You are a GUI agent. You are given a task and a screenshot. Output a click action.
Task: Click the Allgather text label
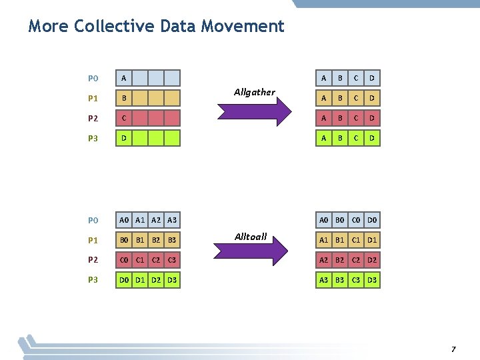point(254,92)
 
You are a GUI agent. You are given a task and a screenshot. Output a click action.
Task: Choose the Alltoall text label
point(251,237)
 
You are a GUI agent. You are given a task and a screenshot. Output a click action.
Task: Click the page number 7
point(453,349)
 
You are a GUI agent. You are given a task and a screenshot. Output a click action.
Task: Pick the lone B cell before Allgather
point(123,99)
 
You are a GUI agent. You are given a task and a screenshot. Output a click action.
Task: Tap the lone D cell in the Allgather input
point(123,139)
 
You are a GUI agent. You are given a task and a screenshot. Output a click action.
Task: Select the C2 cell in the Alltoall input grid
point(156,260)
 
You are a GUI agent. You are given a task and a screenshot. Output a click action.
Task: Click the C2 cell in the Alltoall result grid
point(356,260)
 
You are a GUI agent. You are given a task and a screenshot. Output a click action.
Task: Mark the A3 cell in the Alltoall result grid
point(324,280)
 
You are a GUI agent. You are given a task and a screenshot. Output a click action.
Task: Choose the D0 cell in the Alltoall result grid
point(372,220)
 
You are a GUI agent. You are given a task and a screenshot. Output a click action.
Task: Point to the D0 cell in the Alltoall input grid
point(124,280)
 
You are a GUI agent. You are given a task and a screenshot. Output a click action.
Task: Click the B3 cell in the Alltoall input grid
point(172,240)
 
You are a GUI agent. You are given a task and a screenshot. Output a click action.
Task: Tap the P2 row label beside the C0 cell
point(93,260)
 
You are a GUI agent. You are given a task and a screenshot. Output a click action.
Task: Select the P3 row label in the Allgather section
point(93,139)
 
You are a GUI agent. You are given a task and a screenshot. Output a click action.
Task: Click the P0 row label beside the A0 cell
point(93,220)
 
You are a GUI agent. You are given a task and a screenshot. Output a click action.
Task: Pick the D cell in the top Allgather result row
point(372,79)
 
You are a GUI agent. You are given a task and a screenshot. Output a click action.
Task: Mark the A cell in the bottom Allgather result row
point(324,139)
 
